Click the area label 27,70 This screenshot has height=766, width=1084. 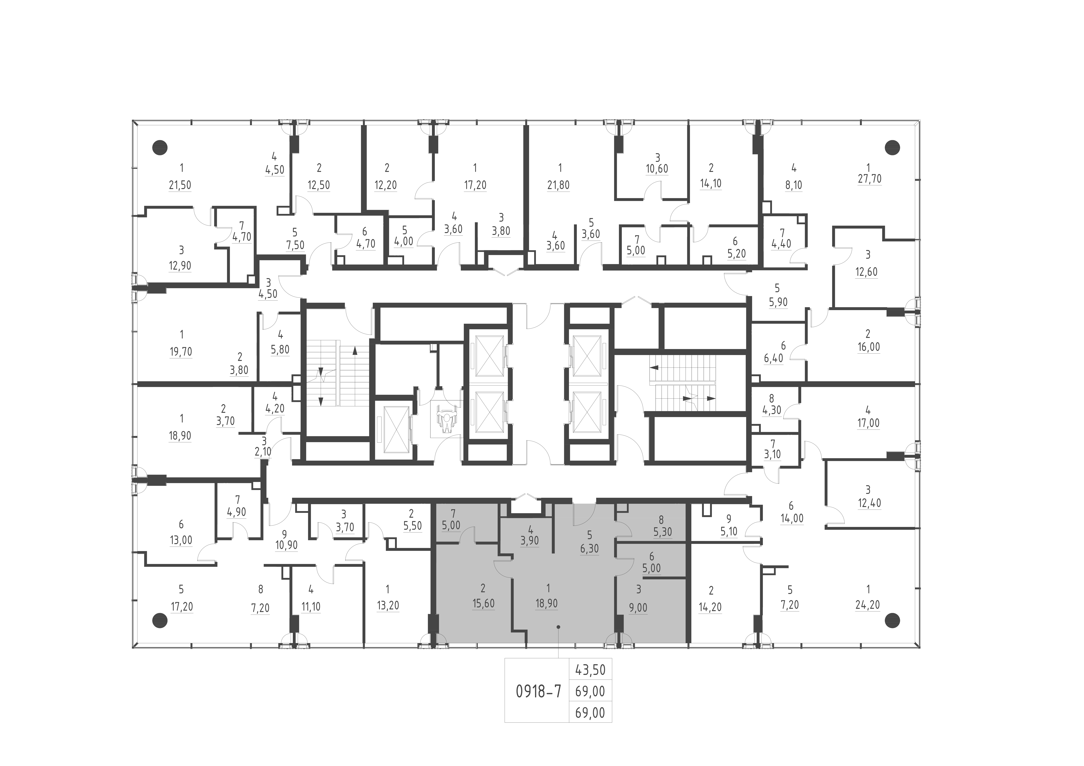click(x=869, y=179)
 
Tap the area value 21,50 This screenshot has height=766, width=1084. click(x=180, y=185)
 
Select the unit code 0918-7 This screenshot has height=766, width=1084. click(x=539, y=691)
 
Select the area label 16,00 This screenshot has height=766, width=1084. click(x=869, y=347)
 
